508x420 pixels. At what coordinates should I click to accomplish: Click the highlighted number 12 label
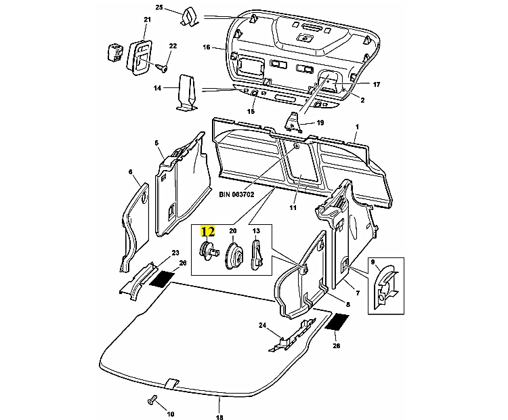208,232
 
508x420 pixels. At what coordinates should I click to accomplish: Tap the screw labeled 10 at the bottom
152,400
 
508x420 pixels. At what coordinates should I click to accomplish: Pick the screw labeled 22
161,67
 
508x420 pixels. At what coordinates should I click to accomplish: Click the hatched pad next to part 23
163,278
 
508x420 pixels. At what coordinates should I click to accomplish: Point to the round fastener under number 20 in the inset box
234,257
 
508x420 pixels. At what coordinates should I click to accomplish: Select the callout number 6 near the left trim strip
131,172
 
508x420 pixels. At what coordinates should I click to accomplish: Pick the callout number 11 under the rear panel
293,208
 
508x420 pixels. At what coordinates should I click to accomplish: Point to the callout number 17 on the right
377,84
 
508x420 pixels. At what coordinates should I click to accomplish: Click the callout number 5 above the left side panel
156,143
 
